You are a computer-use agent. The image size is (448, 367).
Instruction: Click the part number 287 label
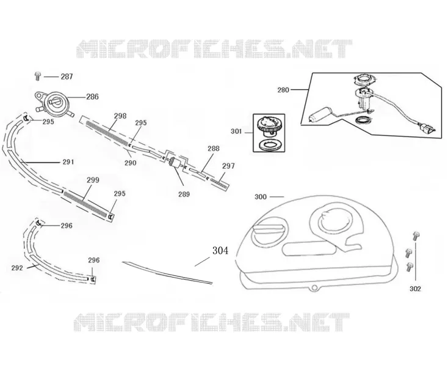(x=67, y=76)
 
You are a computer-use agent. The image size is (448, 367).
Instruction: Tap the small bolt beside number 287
(x=37, y=76)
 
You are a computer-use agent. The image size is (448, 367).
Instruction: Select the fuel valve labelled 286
(x=54, y=103)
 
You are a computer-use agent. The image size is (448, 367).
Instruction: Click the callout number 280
(x=283, y=90)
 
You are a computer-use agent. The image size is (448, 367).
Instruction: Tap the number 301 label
(x=236, y=132)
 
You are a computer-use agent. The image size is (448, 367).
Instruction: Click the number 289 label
(x=184, y=195)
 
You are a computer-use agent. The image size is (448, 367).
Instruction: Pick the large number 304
(x=220, y=251)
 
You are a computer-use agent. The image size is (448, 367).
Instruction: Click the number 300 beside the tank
(x=261, y=197)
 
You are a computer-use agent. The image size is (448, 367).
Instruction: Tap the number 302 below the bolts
(x=415, y=289)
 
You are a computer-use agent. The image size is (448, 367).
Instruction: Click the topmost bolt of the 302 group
(x=416, y=236)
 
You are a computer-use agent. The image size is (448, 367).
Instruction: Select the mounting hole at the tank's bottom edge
(x=314, y=287)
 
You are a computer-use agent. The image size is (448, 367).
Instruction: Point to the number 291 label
(x=68, y=162)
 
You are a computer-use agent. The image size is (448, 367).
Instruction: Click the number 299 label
(x=93, y=180)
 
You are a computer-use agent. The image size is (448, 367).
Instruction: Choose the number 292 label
(x=17, y=269)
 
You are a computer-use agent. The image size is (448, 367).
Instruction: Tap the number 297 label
(x=228, y=166)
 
